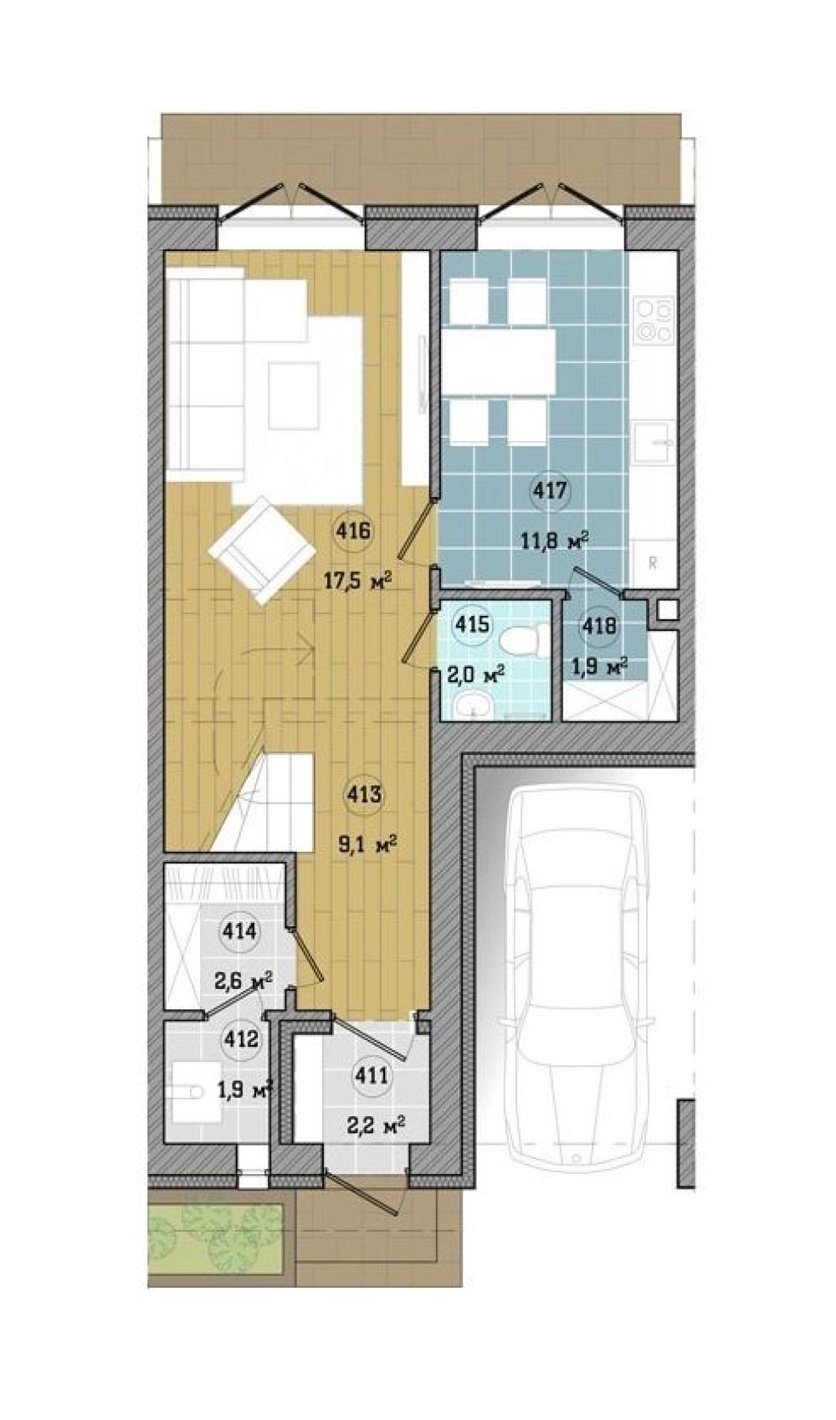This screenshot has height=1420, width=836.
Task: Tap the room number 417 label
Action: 549,490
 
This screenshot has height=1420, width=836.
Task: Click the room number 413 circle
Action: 364,794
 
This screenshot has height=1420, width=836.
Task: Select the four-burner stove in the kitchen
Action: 654,320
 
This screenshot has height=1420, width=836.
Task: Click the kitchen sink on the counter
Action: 654,442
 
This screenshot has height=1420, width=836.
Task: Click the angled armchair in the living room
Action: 263,551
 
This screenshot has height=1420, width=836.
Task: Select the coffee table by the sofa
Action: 293,396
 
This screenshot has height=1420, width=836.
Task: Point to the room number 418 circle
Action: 599,626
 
